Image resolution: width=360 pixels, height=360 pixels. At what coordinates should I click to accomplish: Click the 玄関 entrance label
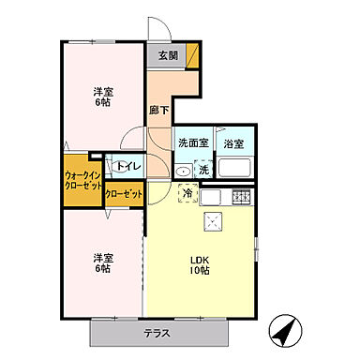coord(166,55)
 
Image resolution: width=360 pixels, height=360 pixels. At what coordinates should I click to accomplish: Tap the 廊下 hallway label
coord(159,110)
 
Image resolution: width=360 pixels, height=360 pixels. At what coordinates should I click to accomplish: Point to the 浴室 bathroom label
coord(234,143)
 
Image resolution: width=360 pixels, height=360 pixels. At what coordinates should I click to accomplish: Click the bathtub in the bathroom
coord(235,169)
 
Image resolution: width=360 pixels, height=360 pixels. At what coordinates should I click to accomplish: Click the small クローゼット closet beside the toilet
coord(125,194)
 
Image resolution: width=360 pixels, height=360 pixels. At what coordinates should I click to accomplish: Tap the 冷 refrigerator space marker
coord(187,193)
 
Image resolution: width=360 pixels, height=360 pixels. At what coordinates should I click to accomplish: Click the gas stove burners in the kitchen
coord(242,197)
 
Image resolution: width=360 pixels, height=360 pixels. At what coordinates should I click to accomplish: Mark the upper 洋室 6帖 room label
coord(103,98)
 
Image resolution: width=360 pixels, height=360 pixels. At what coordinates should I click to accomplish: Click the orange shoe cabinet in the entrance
coord(193,55)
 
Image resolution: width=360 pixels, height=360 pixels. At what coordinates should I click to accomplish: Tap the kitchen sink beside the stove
coord(212,197)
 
